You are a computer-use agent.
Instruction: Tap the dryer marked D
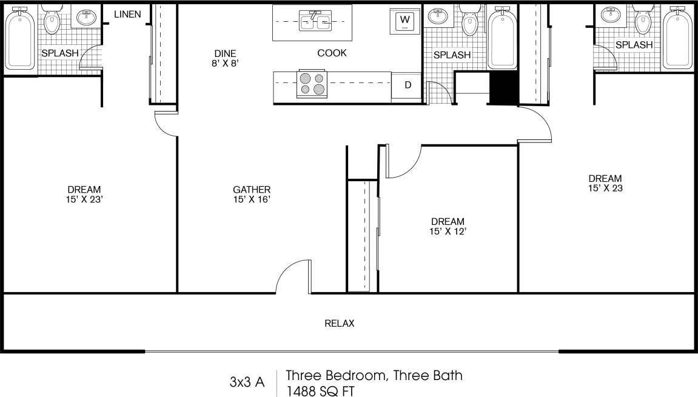(x=408, y=85)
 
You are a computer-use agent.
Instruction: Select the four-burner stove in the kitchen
(x=311, y=84)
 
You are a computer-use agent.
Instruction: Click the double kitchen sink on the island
(x=316, y=22)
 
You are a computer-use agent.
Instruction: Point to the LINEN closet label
(x=128, y=14)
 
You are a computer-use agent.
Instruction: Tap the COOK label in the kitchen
(x=332, y=53)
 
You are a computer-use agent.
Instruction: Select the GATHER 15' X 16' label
(x=251, y=194)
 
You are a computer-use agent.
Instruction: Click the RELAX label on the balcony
(x=339, y=323)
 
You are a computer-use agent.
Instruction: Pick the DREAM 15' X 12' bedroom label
(x=448, y=226)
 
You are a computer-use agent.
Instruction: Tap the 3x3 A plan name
(x=247, y=382)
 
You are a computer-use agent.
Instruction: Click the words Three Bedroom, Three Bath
(x=374, y=375)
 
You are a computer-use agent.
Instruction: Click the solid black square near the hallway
(x=503, y=88)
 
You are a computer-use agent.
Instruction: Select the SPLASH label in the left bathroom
(x=59, y=53)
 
